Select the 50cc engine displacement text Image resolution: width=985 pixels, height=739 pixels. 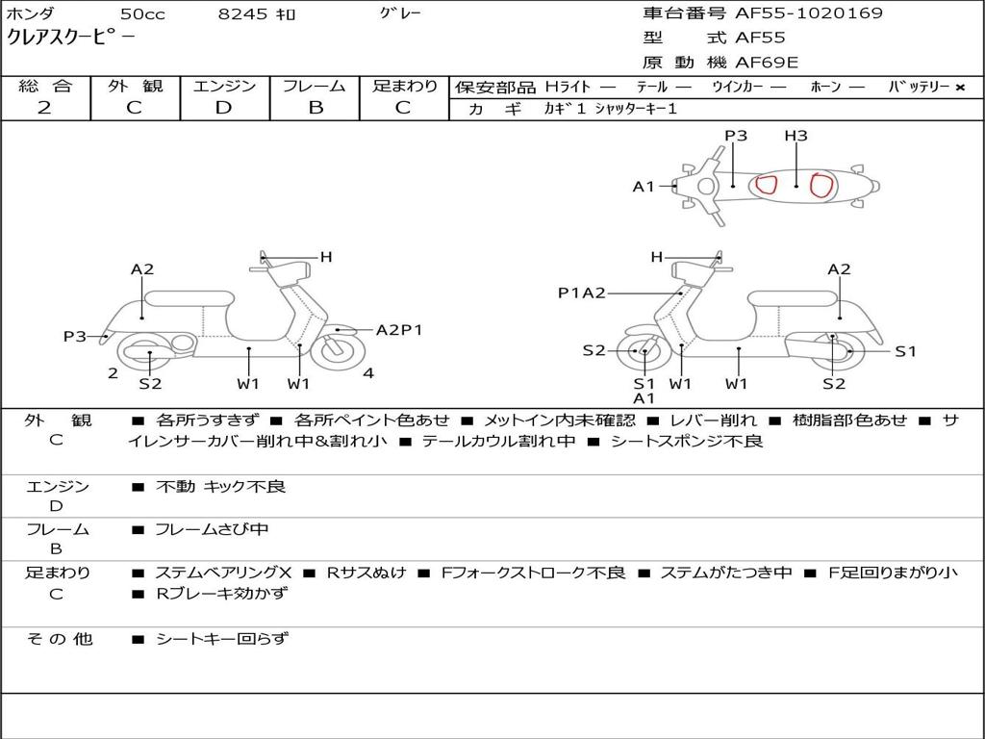[x=140, y=14]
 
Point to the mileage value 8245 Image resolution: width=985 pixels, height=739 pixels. [x=243, y=14]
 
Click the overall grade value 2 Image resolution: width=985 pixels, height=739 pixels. [x=44, y=108]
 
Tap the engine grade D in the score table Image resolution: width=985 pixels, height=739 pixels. [x=223, y=108]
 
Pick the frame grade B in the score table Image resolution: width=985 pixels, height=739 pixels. [x=315, y=108]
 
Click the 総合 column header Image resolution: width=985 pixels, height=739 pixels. [x=45, y=86]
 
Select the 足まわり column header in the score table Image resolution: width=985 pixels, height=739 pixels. [x=404, y=86]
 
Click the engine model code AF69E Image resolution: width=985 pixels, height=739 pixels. [x=767, y=63]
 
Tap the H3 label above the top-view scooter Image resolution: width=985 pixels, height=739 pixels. [x=796, y=136]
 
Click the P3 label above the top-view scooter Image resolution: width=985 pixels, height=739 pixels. [x=736, y=136]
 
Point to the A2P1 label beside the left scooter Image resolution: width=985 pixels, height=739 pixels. [x=399, y=330]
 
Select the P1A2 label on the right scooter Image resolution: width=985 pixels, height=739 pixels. [x=582, y=293]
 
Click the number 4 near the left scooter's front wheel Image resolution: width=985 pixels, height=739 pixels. [x=368, y=373]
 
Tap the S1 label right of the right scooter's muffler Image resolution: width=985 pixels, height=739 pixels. [x=905, y=351]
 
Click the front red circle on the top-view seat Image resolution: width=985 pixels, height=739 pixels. [x=766, y=185]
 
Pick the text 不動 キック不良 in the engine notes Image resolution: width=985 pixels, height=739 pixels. [x=220, y=487]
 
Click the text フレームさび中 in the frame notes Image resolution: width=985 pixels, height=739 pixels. [x=212, y=529]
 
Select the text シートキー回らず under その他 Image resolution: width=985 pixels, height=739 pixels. [x=221, y=638]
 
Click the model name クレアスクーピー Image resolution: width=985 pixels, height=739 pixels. [x=71, y=38]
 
